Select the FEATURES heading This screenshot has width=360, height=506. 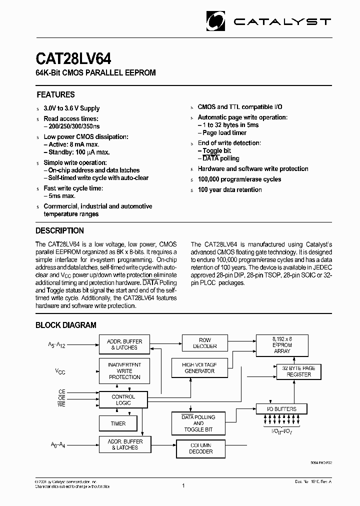[x=55, y=94]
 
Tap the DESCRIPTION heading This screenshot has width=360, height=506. [x=59, y=230]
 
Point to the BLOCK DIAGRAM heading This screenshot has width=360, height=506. [x=65, y=325]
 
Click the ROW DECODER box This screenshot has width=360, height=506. [x=205, y=343]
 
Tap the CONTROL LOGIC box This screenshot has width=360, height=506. [x=123, y=399]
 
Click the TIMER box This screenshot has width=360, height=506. [x=118, y=423]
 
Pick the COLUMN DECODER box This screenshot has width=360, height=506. [x=200, y=448]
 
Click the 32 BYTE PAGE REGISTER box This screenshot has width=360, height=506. [x=298, y=371]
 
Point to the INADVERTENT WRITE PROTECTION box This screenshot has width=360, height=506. [x=124, y=371]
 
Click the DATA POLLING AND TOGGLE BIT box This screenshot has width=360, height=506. [x=198, y=423]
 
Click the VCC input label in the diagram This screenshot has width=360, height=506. [x=60, y=371]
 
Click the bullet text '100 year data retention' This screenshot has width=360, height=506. [x=229, y=189]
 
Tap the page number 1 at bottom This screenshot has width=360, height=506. [x=183, y=485]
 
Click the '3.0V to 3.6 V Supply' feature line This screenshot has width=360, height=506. [x=71, y=108]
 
